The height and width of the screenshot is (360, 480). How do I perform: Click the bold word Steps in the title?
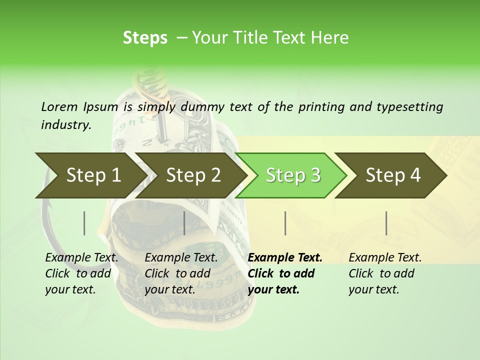(145, 37)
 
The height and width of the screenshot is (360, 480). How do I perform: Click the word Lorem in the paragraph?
(59, 106)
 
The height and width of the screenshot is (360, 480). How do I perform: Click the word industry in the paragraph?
(65, 124)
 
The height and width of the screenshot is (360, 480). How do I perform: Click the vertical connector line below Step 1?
(84, 223)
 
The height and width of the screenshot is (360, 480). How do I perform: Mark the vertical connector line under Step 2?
(184, 223)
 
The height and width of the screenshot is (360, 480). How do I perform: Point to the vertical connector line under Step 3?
(285, 223)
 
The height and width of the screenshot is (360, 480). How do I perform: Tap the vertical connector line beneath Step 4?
(386, 223)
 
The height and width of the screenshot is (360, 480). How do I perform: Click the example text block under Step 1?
(81, 273)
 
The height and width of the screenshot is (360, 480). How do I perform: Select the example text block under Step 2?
(181, 273)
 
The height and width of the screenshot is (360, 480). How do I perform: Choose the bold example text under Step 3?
(285, 273)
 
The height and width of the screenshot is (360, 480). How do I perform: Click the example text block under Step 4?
(385, 273)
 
